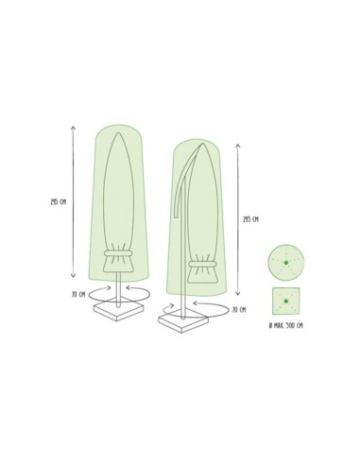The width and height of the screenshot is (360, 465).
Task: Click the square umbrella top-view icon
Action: (x=284, y=302)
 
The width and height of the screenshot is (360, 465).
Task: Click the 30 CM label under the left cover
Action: (x=80, y=292)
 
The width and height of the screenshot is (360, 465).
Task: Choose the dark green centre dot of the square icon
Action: (x=284, y=302)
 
